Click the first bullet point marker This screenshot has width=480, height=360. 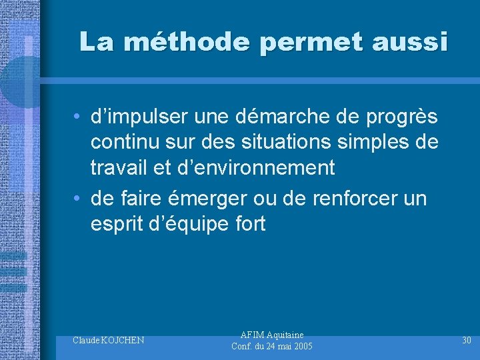(x=78, y=117)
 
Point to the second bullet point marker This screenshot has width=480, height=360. (x=78, y=199)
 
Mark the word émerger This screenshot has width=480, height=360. (x=215, y=199)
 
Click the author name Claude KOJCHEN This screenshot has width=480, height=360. (x=109, y=341)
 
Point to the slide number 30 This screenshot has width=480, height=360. (x=467, y=341)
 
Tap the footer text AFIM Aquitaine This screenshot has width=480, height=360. (x=271, y=335)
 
